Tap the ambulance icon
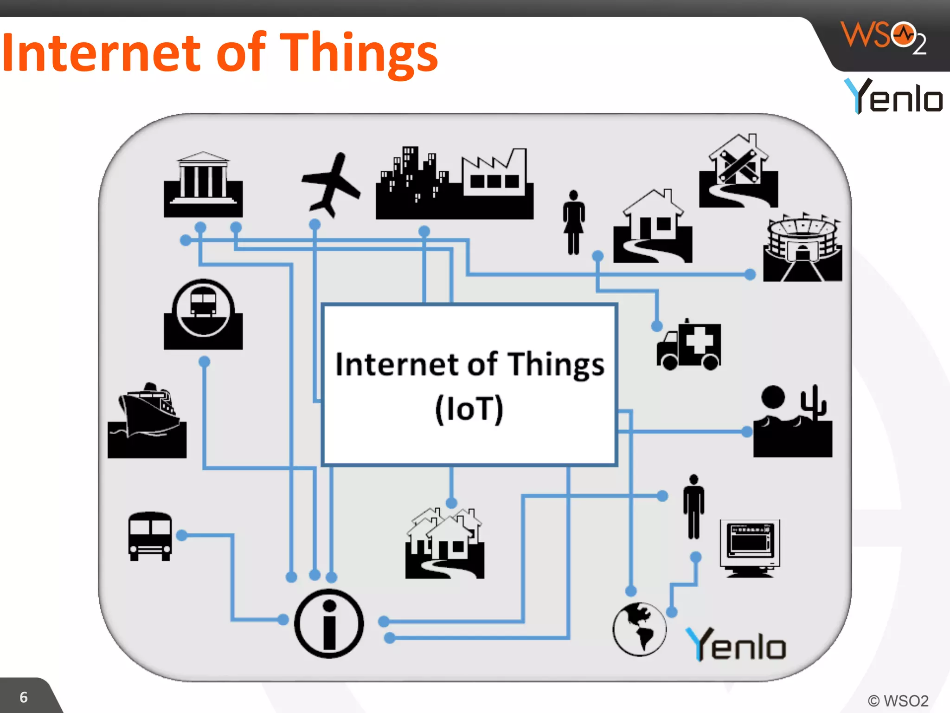689,345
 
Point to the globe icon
639,629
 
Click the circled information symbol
329,623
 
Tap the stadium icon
802,248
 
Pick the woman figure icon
574,222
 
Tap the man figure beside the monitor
693,506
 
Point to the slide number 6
24,697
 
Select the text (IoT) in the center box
469,408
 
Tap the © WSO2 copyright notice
898,700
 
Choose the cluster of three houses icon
444,543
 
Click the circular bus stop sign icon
203,313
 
